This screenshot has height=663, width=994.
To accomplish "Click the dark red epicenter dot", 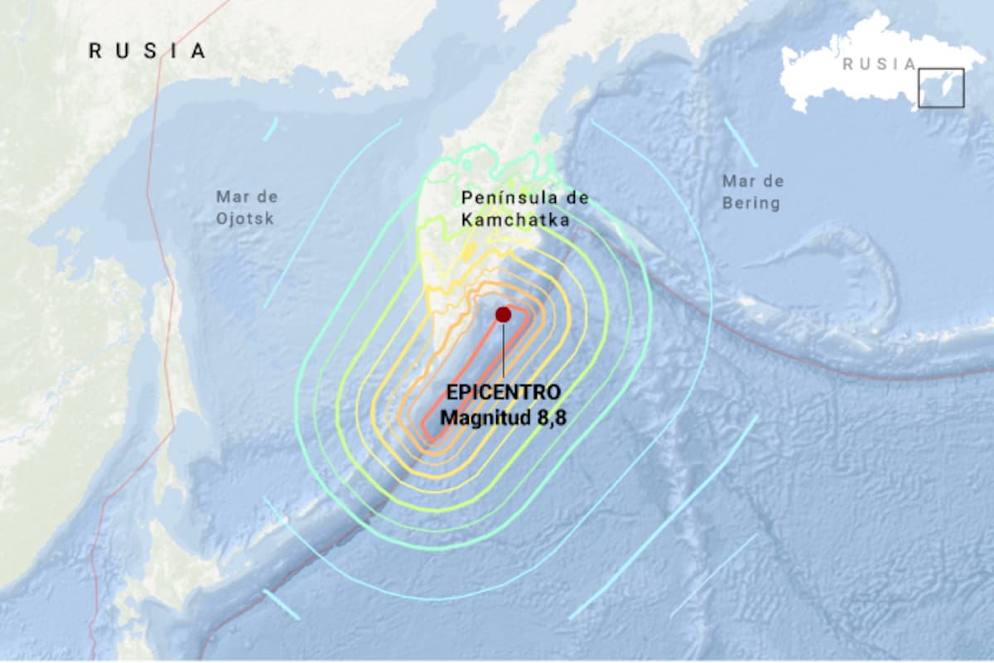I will (503, 314).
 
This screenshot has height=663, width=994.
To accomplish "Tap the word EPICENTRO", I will (504, 392).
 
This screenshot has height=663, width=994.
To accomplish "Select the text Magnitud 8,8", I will (504, 416).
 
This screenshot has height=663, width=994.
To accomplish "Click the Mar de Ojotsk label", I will (246, 208).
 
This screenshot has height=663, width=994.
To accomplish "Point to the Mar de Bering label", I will (752, 192).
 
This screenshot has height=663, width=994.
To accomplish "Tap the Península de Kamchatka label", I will (525, 209).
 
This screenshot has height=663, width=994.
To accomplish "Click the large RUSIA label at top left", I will (147, 51).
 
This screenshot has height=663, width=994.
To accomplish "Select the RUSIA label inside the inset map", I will (879, 65).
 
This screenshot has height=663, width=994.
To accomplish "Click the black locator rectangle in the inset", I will (941, 88).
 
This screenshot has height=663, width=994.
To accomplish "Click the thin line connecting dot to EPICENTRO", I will (504, 352).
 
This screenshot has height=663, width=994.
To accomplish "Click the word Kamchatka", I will (515, 220).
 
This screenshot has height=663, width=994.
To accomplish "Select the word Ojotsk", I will (246, 219).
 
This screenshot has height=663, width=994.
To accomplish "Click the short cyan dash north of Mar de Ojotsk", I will (270, 128).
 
